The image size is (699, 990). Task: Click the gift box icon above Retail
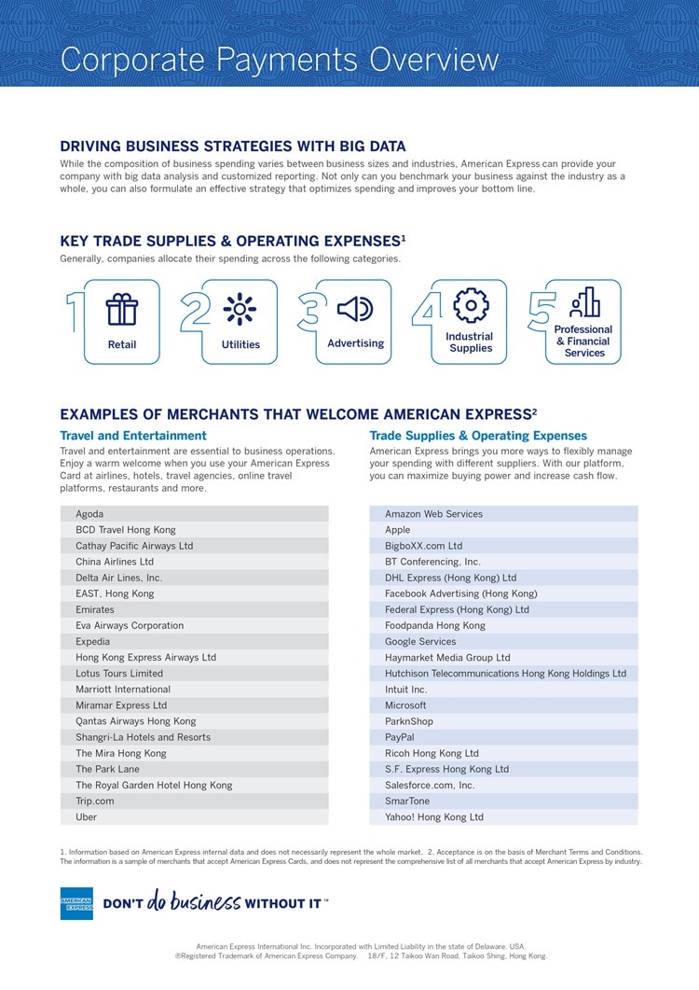pyautogui.click(x=121, y=309)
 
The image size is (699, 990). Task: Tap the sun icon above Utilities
pyautogui.click(x=240, y=309)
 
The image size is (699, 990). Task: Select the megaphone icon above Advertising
pyautogui.click(x=355, y=309)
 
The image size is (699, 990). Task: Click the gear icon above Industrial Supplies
pyautogui.click(x=471, y=305)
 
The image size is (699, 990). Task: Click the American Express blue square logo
pyautogui.click(x=76, y=903)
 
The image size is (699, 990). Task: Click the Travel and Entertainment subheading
pyautogui.click(x=133, y=436)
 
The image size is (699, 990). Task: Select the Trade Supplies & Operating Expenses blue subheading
pyautogui.click(x=478, y=436)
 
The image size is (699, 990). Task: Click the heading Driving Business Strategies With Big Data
pyautogui.click(x=233, y=146)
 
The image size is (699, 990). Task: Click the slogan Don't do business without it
pyautogui.click(x=214, y=902)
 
